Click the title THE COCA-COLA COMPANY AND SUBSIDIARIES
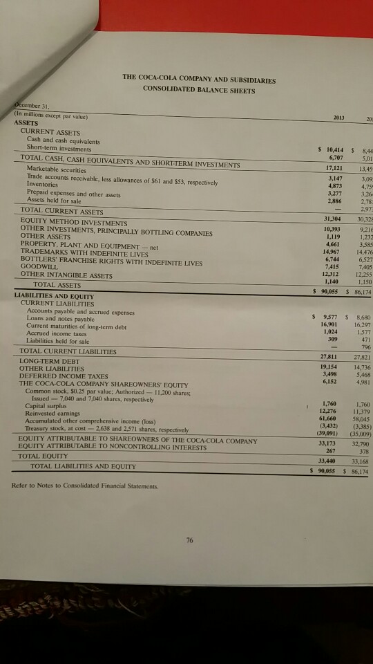(x=198, y=78)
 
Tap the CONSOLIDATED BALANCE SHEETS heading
(x=199, y=89)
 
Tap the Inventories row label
(x=43, y=185)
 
